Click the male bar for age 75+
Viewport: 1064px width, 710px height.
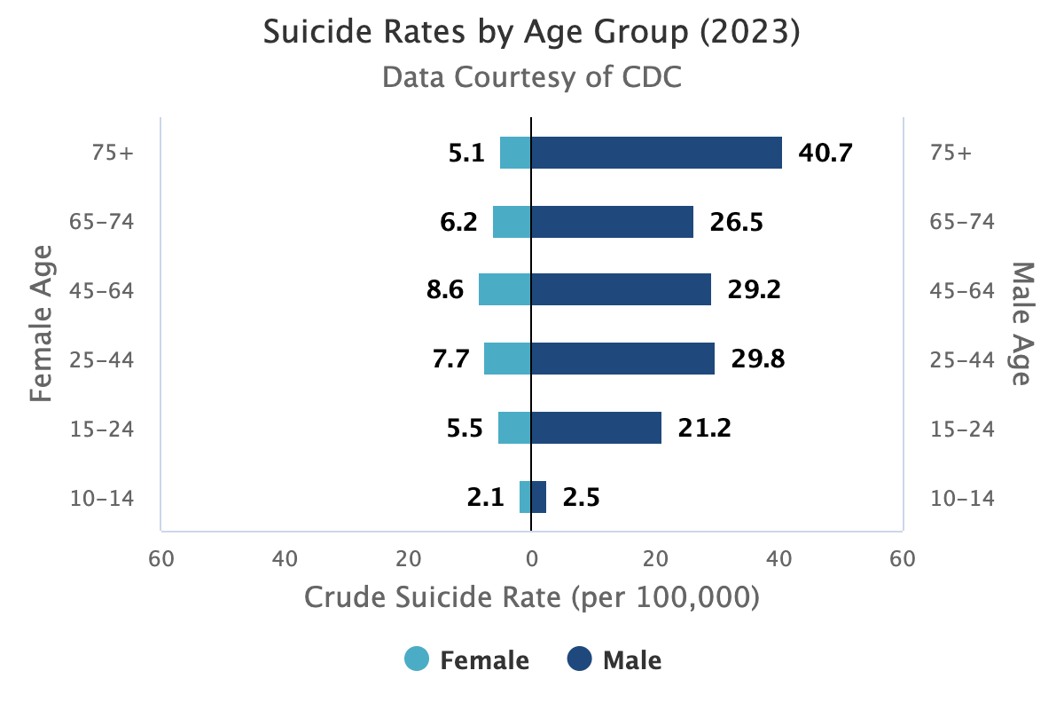coord(656,153)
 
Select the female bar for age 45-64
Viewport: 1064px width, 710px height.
coord(505,289)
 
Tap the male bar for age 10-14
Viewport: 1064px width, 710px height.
coord(539,497)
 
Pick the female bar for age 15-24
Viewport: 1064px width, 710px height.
coord(514,428)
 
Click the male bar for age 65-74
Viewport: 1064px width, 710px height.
coord(613,222)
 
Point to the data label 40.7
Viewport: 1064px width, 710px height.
coord(825,154)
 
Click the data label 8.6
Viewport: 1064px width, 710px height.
coord(445,289)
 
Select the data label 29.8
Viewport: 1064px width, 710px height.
coord(758,359)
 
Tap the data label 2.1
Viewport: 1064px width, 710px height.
coord(486,497)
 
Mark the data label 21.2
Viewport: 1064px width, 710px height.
coord(704,428)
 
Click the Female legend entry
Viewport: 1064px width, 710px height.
coord(466,660)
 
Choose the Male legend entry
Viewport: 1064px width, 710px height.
coord(614,660)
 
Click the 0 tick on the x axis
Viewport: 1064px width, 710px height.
coord(532,559)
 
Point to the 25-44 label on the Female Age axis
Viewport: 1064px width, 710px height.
coord(102,360)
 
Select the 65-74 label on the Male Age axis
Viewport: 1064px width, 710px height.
coord(962,222)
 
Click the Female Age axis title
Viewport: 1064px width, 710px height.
coord(41,323)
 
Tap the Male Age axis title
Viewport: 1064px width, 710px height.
coord(1021,323)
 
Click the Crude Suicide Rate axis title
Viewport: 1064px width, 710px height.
coord(532,597)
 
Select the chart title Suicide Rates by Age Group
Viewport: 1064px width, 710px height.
coord(532,32)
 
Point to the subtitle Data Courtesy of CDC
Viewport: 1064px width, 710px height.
coord(532,77)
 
